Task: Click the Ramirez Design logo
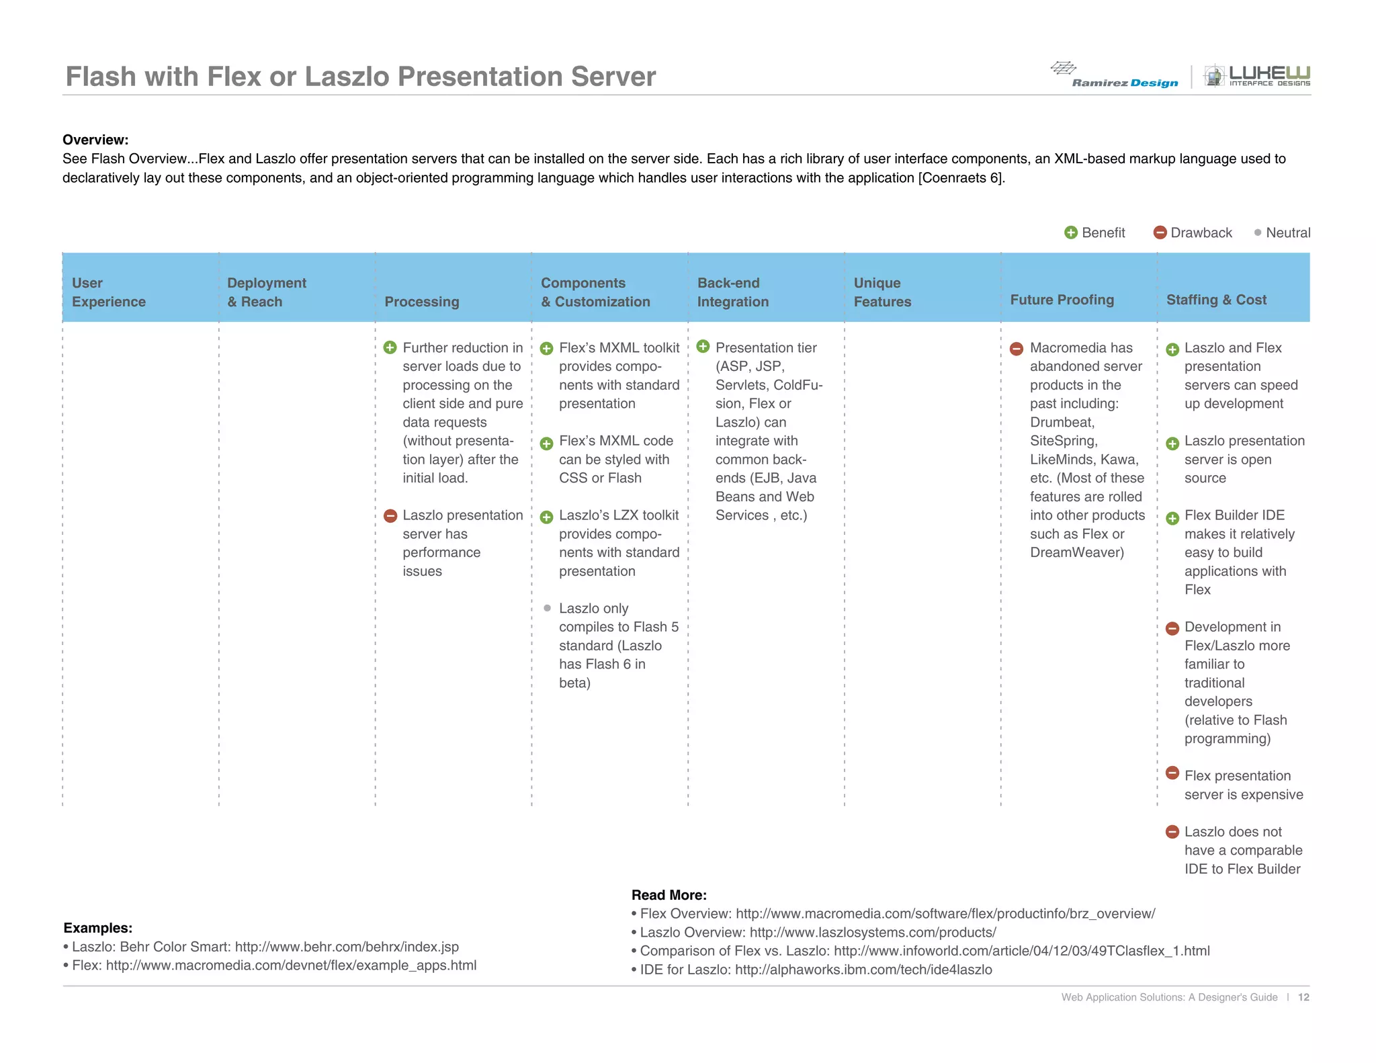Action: tap(1115, 75)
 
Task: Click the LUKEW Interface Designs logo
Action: tap(1256, 75)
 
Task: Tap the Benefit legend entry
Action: tap(1094, 232)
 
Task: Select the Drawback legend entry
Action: tap(1193, 232)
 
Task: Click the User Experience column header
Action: tap(109, 292)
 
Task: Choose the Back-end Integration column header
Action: tap(732, 292)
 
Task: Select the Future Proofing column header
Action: tap(1062, 300)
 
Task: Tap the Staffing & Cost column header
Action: tap(1216, 300)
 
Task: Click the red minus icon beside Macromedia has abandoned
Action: tap(1017, 349)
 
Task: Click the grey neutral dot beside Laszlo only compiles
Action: tap(547, 608)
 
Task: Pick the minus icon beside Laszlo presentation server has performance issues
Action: tap(390, 516)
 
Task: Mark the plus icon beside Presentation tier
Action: tap(703, 347)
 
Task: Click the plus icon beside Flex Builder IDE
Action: tap(1172, 518)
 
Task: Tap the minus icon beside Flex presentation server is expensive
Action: tap(1172, 773)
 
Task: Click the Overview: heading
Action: tap(95, 140)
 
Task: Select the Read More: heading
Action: tap(669, 895)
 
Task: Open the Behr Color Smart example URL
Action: tap(347, 947)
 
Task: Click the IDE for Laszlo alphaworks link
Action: tap(863, 970)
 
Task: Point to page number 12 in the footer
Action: tap(1303, 997)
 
